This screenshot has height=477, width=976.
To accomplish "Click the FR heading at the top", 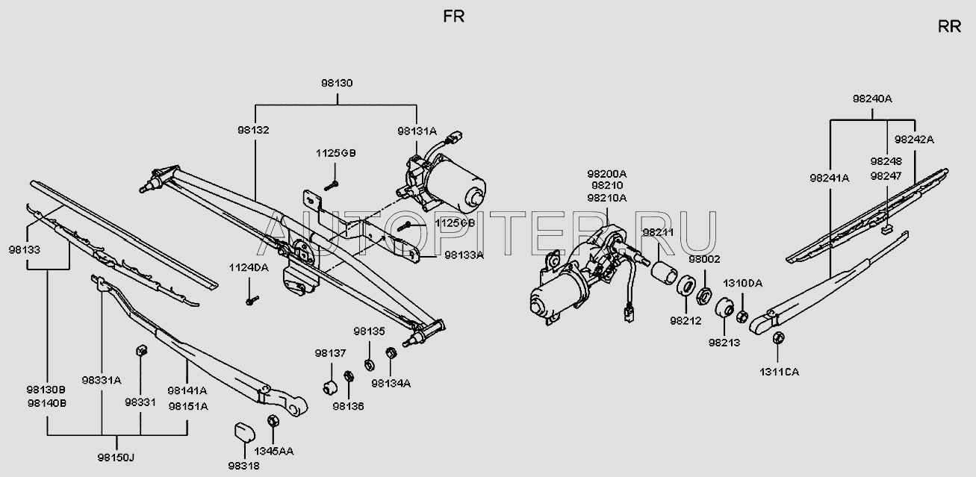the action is click(453, 16).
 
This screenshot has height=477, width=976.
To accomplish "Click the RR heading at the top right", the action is click(949, 27).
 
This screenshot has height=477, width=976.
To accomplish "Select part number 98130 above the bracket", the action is click(337, 83).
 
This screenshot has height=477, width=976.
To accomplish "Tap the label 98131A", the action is click(417, 131).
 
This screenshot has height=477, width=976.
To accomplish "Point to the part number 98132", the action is click(253, 130).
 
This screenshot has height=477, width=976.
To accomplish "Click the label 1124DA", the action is click(249, 267).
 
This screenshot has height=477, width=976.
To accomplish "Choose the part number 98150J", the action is click(116, 458).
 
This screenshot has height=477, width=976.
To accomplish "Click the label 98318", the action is click(243, 466).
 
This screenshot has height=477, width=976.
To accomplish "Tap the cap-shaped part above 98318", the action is click(244, 431).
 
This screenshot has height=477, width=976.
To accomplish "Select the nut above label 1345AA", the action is click(273, 421).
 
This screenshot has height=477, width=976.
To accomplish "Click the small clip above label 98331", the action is click(142, 350).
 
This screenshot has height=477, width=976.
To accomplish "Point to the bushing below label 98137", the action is click(330, 387).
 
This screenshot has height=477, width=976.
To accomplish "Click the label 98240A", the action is click(872, 99).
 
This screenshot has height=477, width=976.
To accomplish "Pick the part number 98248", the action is click(886, 161).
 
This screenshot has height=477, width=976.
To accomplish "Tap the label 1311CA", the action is click(779, 372).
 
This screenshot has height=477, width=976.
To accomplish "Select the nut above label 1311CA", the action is click(778, 338).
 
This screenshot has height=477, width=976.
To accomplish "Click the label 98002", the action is click(704, 259).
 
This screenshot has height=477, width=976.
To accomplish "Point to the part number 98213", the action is click(724, 343).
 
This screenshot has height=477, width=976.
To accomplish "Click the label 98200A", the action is click(606, 174).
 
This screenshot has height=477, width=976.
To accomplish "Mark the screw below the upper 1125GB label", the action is click(332, 186).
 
